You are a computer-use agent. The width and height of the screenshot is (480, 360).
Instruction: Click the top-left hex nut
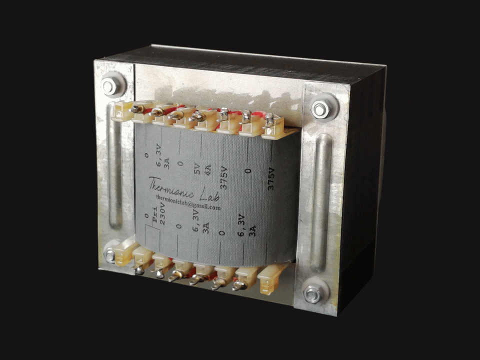click(x=109, y=86)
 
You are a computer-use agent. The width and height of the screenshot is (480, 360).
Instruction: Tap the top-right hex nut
click(x=320, y=108)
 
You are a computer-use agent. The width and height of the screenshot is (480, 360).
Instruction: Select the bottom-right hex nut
click(x=312, y=294)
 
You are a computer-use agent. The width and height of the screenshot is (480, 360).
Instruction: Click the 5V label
click(x=197, y=169)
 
